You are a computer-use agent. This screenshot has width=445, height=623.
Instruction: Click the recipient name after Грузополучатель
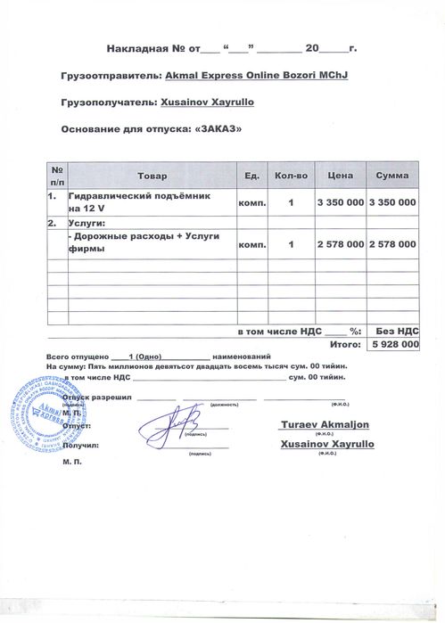pos(207,102)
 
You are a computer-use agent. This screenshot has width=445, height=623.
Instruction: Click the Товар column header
pos(152,176)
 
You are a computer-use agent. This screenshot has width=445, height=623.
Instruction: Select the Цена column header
pos(341,176)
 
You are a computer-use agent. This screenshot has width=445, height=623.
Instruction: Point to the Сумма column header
pos(392,176)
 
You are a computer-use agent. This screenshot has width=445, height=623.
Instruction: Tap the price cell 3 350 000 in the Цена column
pos(341,202)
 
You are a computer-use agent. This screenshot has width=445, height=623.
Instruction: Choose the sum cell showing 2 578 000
pos(392,242)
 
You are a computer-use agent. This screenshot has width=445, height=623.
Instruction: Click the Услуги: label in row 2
pos(87,222)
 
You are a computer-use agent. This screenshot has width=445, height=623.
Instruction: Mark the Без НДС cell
pos(392,329)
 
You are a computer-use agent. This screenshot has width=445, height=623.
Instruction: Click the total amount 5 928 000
pos(392,343)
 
